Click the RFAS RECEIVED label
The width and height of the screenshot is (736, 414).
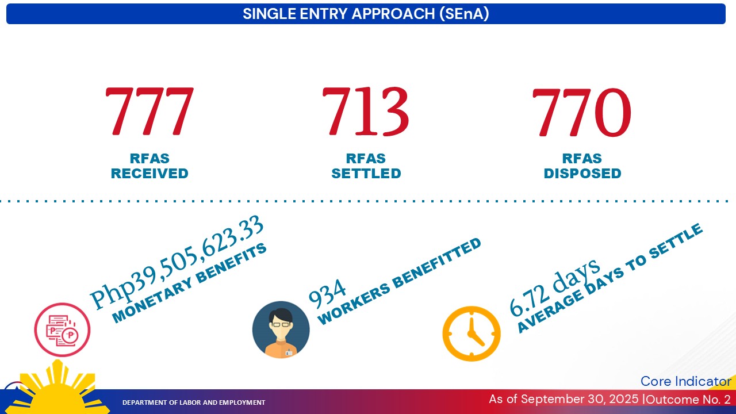[149, 166]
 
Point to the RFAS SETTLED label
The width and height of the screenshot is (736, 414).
[366, 166]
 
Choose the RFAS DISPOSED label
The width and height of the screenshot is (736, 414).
[582, 166]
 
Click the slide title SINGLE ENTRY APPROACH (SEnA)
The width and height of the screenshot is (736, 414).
[366, 14]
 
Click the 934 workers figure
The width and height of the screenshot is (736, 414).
[327, 293]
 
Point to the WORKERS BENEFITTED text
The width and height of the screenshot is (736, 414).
[399, 281]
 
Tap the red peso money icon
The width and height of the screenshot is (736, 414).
[62, 330]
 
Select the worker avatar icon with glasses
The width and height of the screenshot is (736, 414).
[281, 330]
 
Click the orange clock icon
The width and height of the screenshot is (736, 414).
[471, 333]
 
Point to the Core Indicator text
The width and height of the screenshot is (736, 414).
[685, 381]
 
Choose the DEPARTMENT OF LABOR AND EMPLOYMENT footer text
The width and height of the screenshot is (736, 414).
[194, 402]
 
